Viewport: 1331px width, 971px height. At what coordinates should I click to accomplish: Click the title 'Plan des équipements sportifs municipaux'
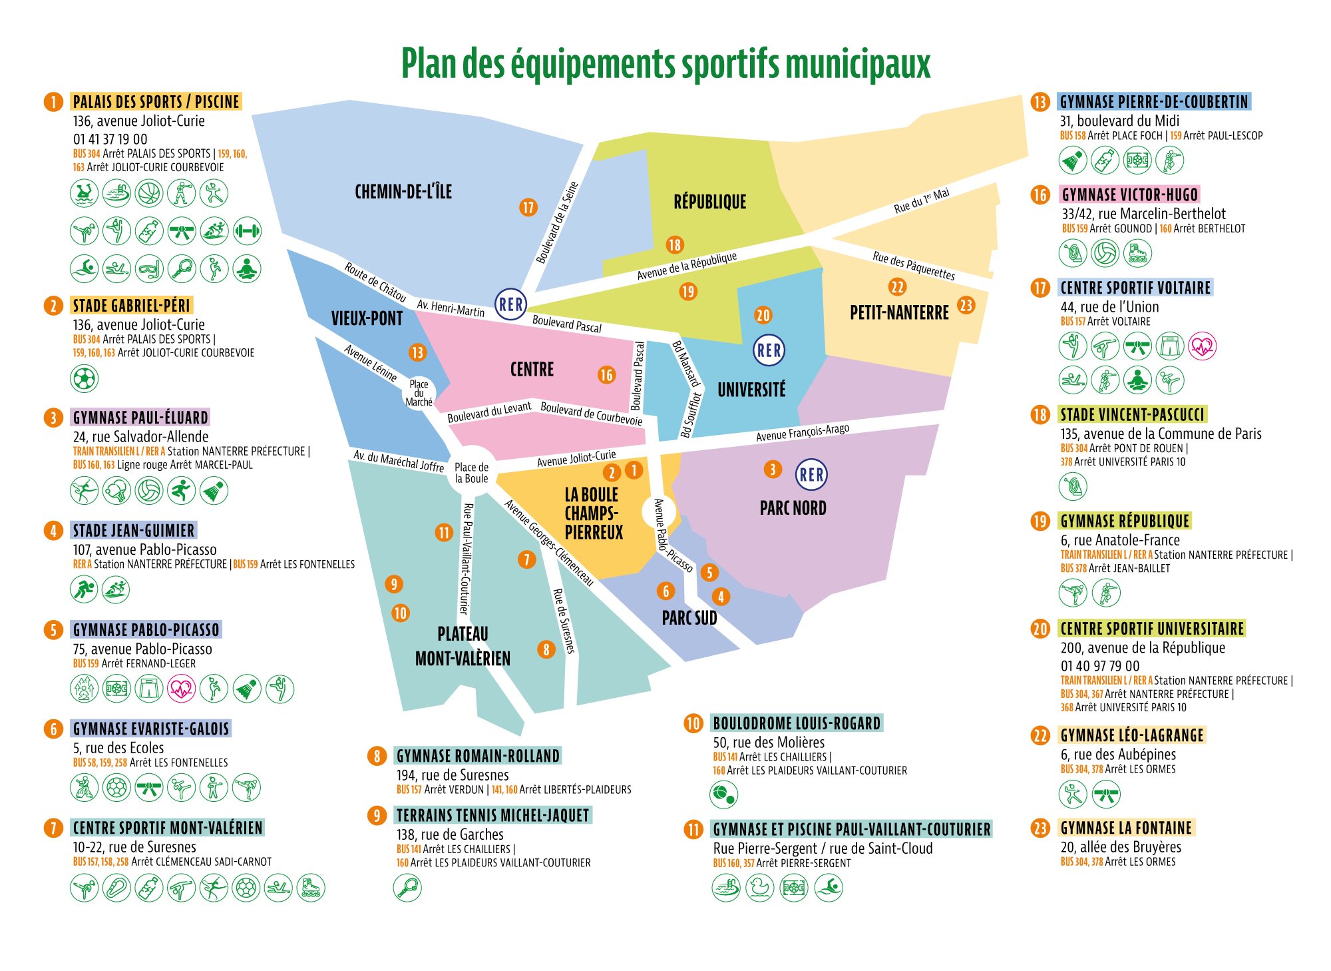pyautogui.click(x=665, y=64)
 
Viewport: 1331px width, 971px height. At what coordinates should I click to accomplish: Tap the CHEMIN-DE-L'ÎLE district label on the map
pyautogui.click(x=403, y=192)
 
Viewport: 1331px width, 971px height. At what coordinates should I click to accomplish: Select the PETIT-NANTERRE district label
pyautogui.click(x=899, y=312)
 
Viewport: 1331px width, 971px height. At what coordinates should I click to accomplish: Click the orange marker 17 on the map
pyautogui.click(x=528, y=207)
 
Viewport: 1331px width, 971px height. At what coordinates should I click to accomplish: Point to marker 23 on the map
pyautogui.click(x=966, y=305)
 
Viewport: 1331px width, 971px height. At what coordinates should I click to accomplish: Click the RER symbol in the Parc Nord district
pyautogui.click(x=811, y=475)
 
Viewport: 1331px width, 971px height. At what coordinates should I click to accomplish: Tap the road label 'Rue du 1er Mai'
pyautogui.click(x=922, y=200)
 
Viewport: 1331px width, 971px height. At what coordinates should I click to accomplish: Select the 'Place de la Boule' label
pyautogui.click(x=472, y=472)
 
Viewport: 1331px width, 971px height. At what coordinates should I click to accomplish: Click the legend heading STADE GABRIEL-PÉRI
pyautogui.click(x=132, y=306)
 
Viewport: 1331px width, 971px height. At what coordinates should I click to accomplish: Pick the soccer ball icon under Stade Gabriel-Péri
pyautogui.click(x=85, y=379)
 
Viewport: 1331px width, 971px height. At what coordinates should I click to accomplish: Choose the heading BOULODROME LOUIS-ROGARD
pyautogui.click(x=797, y=723)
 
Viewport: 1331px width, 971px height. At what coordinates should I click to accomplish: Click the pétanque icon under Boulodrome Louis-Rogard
pyautogui.click(x=724, y=794)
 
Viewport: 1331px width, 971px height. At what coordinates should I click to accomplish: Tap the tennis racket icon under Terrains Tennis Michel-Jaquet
pyautogui.click(x=407, y=887)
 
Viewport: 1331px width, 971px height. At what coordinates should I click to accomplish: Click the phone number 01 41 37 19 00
pyautogui.click(x=110, y=139)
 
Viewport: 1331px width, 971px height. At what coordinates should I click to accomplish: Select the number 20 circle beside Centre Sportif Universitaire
pyautogui.click(x=1040, y=629)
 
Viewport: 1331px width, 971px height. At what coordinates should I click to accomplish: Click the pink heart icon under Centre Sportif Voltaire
pyautogui.click(x=1203, y=346)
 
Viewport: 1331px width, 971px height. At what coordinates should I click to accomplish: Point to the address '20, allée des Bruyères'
pyautogui.click(x=1121, y=847)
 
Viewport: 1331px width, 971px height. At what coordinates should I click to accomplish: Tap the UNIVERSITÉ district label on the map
pyautogui.click(x=751, y=390)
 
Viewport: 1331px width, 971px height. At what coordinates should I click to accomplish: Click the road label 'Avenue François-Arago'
pyautogui.click(x=803, y=433)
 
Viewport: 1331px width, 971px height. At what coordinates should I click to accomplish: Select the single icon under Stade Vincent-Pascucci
pyautogui.click(x=1073, y=486)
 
